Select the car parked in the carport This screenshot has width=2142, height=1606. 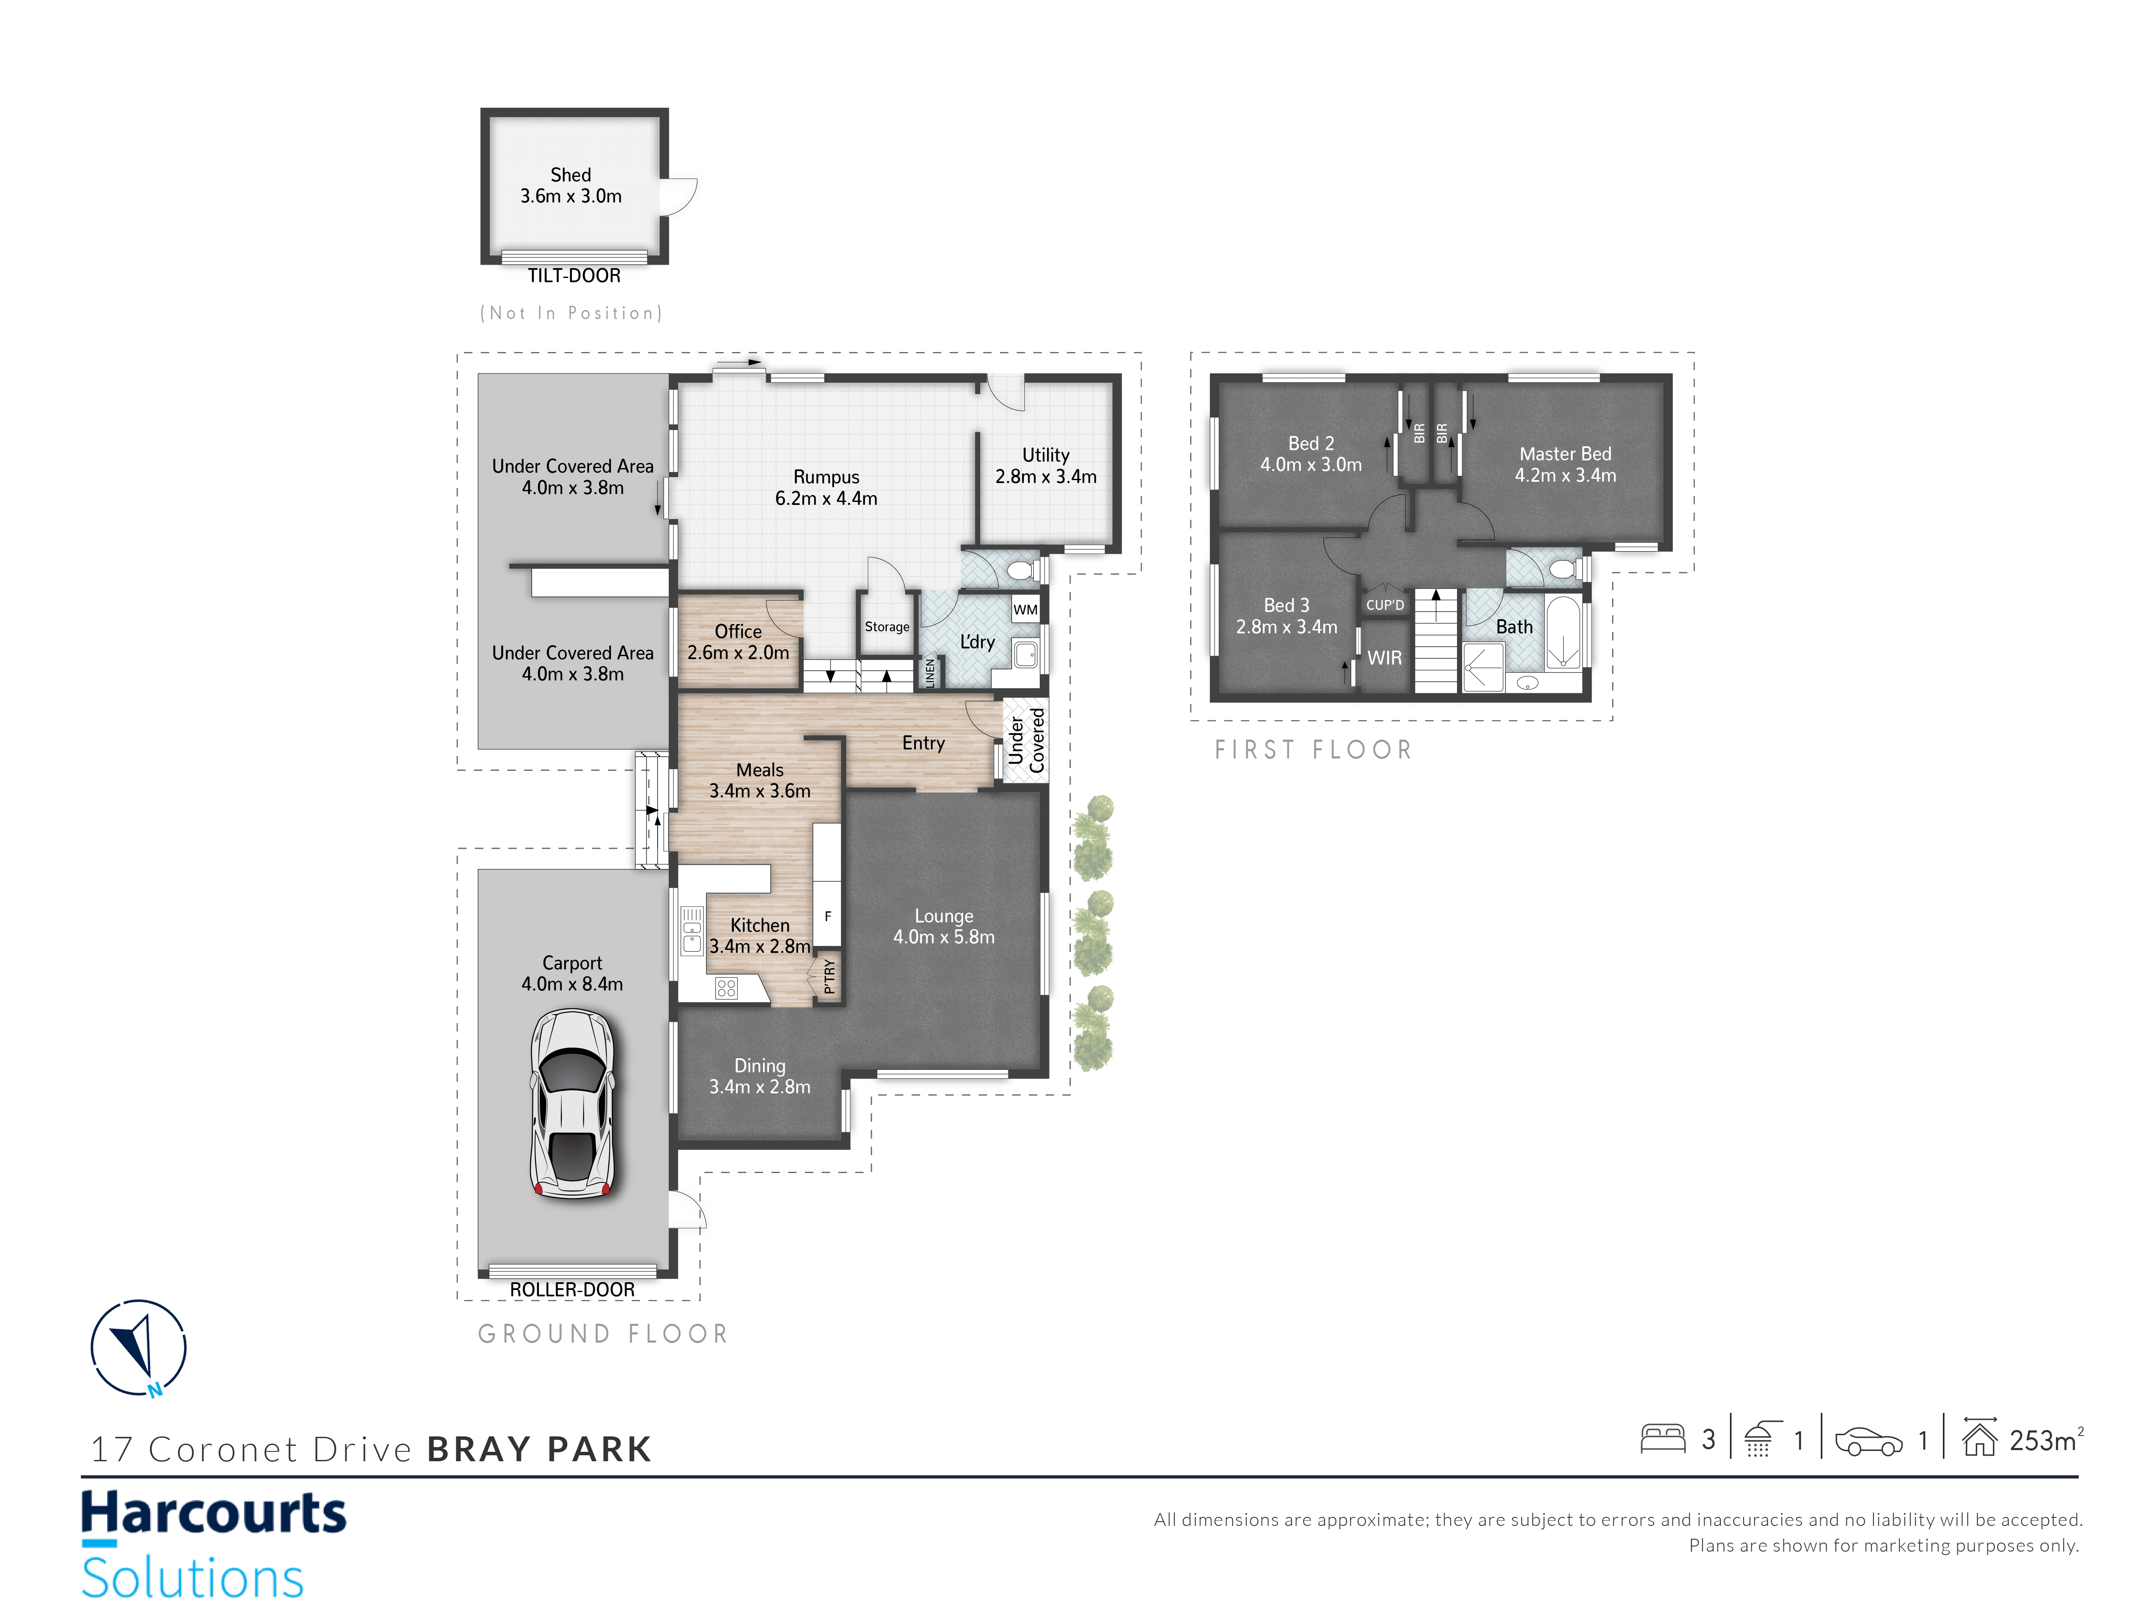click(572, 1104)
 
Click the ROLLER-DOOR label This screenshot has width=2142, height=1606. click(572, 1290)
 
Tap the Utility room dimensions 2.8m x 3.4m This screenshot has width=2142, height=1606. click(1046, 476)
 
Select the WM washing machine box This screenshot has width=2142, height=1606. click(1026, 610)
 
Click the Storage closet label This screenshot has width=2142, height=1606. click(887, 626)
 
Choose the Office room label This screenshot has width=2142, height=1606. click(738, 631)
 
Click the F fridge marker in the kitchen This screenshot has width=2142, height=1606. click(828, 916)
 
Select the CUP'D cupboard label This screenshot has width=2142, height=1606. click(1385, 605)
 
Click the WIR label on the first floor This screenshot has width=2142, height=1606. click(1385, 658)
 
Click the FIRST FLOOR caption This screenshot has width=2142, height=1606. click(1313, 750)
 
